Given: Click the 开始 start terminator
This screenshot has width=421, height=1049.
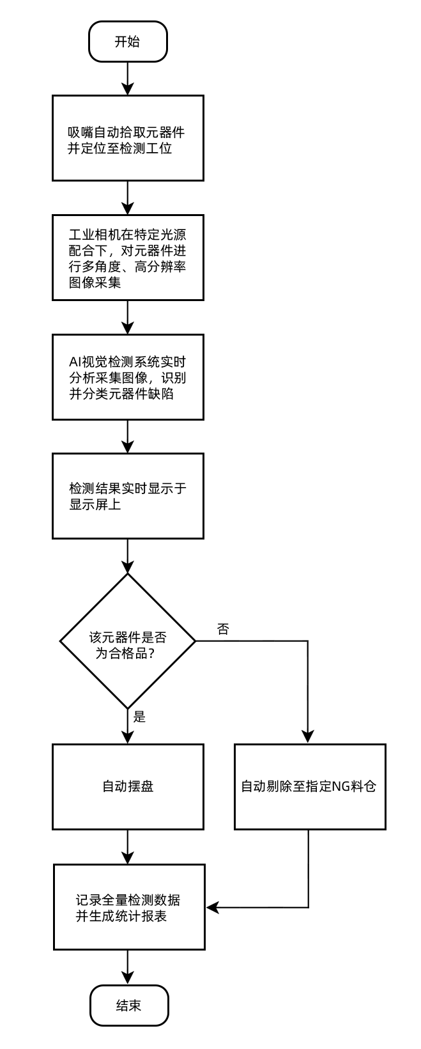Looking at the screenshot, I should (x=128, y=42).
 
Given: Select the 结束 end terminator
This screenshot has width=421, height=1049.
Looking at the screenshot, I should (x=128, y=1006).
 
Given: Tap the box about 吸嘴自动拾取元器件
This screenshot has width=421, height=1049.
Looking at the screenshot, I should (x=128, y=138).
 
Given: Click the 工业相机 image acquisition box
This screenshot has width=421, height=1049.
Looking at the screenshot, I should (x=128, y=258).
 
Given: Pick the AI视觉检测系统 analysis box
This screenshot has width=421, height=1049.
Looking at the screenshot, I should (x=128, y=377).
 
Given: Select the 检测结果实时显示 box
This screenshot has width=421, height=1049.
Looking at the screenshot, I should (x=128, y=496).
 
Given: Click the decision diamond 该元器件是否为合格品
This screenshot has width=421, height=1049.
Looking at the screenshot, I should (x=128, y=640).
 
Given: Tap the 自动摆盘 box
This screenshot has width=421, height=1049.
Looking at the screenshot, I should (x=128, y=787).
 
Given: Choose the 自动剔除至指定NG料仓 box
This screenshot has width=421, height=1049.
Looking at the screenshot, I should (x=310, y=787).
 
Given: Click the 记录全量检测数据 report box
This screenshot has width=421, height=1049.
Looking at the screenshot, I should (x=128, y=907).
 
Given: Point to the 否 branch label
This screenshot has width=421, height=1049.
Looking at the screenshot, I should (x=223, y=628).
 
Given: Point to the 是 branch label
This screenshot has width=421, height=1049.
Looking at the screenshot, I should (x=139, y=717).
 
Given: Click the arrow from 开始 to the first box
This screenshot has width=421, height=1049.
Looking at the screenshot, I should (x=128, y=78).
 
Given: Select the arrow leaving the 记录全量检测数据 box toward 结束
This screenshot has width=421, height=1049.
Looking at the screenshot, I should (x=128, y=967).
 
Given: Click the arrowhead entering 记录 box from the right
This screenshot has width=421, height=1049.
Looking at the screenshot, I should (x=213, y=907).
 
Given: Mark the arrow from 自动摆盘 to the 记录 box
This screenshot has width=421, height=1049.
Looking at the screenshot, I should (x=128, y=847).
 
